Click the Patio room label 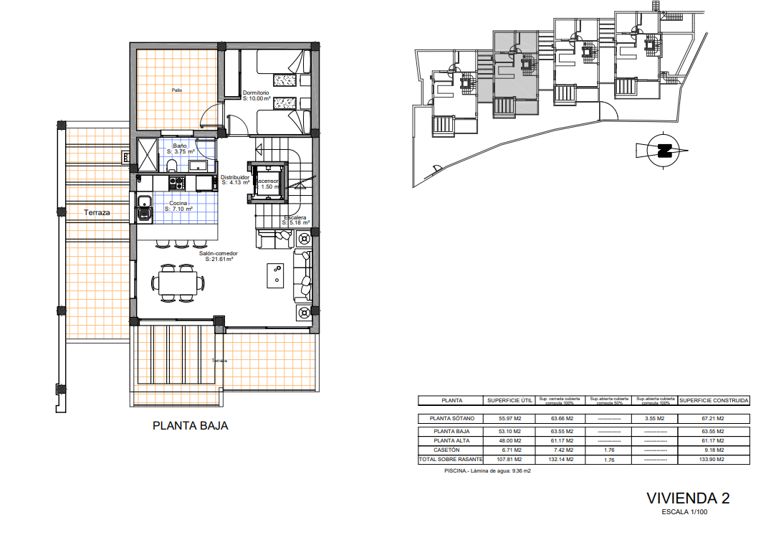(176, 90)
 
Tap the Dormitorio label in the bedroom (255, 93)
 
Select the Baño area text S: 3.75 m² (181, 152)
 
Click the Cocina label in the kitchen (178, 204)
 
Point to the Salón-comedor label (219, 253)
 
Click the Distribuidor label (234, 177)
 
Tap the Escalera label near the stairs (295, 217)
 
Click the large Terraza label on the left (97, 212)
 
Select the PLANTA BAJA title (191, 425)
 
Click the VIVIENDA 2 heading (688, 498)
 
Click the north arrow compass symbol (663, 151)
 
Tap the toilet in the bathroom (172, 167)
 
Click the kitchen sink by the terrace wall (144, 207)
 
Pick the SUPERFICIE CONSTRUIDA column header (714, 401)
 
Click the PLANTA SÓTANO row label (452, 419)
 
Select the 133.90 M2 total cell (714, 459)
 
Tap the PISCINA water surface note (487, 471)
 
